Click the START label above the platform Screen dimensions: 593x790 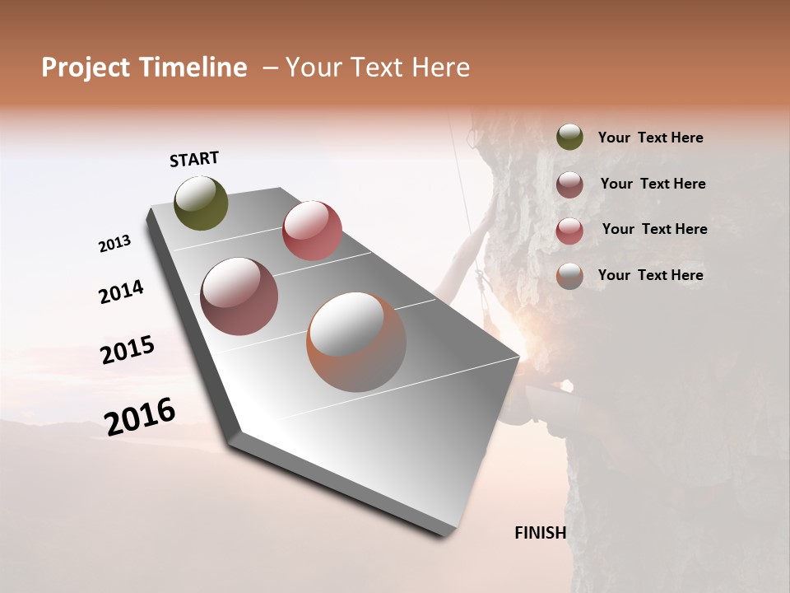[x=194, y=159]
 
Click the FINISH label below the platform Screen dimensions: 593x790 [x=540, y=533]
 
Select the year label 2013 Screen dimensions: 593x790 [x=115, y=244]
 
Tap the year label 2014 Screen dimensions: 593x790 [x=122, y=292]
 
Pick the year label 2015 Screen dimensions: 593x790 [x=128, y=350]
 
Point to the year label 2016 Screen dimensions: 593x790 [x=140, y=416]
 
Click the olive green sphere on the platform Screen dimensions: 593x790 [x=202, y=203]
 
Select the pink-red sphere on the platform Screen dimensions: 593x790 [x=312, y=231]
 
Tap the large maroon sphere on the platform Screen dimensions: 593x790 [x=239, y=296]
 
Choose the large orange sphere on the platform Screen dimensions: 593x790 [x=356, y=342]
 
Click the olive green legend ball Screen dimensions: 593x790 [x=569, y=138]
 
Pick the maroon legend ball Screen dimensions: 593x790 [x=569, y=184]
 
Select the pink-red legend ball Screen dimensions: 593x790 [x=569, y=231]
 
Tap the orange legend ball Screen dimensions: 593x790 [x=569, y=276]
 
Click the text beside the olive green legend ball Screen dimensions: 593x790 [x=650, y=138]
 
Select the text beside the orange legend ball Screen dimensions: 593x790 [x=650, y=275]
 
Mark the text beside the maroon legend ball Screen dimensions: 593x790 [x=653, y=184]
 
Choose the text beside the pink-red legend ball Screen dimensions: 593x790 [x=654, y=229]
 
